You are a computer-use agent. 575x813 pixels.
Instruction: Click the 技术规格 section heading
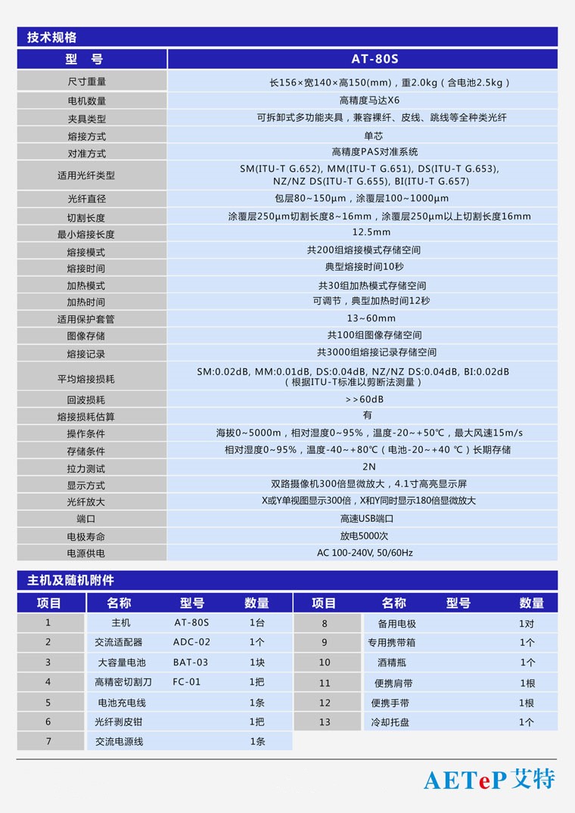coord(51,37)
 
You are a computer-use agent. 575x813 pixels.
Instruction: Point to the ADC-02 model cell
coord(191,642)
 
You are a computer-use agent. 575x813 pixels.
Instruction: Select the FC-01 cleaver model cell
coord(187,682)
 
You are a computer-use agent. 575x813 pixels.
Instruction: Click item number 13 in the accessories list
coord(325,722)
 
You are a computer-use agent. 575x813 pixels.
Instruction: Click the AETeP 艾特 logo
coord(489,780)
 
